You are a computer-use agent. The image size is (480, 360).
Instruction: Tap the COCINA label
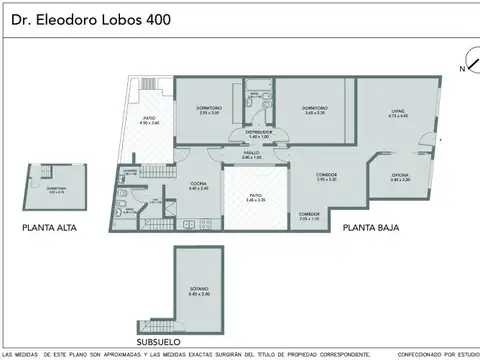199,185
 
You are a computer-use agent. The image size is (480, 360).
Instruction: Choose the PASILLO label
251,155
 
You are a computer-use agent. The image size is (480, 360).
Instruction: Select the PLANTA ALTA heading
50,228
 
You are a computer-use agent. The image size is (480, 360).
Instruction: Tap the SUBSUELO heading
166,341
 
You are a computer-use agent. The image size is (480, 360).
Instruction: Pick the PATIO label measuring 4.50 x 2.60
149,120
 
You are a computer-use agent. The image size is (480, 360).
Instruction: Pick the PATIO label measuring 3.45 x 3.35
255,199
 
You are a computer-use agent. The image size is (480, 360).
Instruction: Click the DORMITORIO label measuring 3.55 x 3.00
209,110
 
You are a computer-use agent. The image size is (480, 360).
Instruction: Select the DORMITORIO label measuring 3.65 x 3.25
315,110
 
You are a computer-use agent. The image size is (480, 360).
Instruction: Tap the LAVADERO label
130,172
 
